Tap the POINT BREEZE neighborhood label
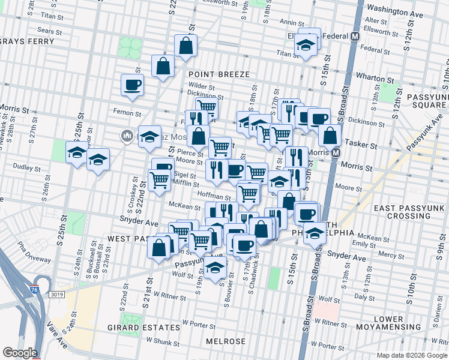[x=218, y=74]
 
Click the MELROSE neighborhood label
[x=226, y=341]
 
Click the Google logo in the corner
[x=19, y=352]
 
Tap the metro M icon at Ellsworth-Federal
[x=355, y=35]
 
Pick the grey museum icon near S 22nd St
[x=126, y=136]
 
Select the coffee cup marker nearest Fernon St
[x=132, y=85]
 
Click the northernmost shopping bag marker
[x=186, y=45]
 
